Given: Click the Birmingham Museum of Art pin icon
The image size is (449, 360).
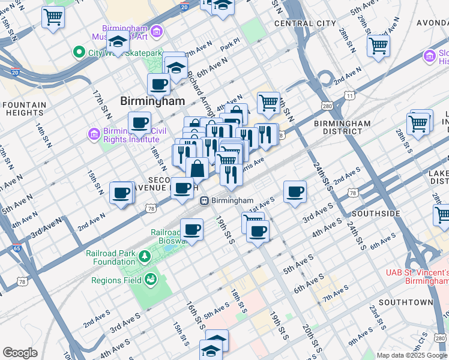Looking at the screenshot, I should [x=157, y=31].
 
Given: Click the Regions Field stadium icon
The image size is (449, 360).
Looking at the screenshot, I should [x=150, y=279].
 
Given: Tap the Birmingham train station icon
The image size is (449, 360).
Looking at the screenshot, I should [x=205, y=200].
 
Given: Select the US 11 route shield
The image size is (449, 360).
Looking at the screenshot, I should [x=349, y=95].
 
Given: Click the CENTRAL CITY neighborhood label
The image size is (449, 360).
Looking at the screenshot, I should [x=305, y=23].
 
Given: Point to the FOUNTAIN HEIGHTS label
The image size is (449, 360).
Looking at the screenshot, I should [x=24, y=109].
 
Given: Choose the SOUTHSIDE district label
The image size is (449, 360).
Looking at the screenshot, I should [x=376, y=214].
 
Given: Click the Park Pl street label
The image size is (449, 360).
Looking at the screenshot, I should [x=229, y=45].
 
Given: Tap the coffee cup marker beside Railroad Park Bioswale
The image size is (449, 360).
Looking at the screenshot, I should [x=191, y=229].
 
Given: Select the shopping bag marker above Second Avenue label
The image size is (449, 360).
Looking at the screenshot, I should [x=197, y=169].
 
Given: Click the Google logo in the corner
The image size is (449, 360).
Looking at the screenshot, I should [x=20, y=353].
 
